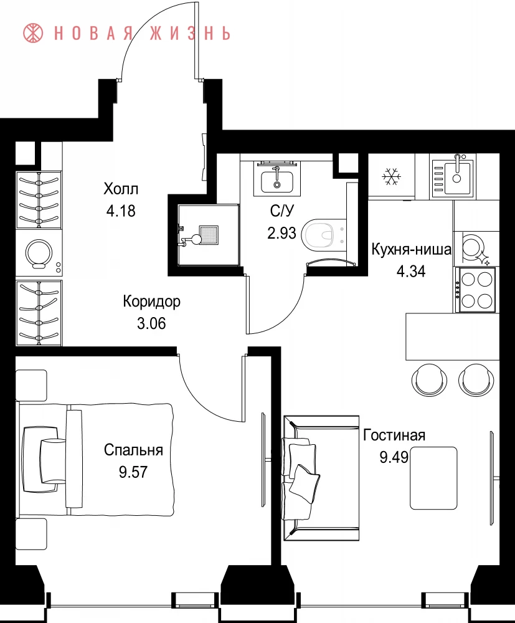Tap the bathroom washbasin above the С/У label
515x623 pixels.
pyautogui.click(x=276, y=181)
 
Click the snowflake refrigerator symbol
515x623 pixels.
pyautogui.click(x=392, y=176)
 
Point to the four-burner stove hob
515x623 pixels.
pyautogui.click(x=477, y=290)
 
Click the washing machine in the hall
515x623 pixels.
pyautogui.click(x=39, y=253)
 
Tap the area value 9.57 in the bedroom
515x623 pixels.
pyautogui.click(x=133, y=472)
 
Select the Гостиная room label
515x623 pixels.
pyautogui.click(x=394, y=435)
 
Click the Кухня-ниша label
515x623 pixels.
pyautogui.click(x=412, y=250)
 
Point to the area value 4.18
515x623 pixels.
pyautogui.click(x=121, y=211)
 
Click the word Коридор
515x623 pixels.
pyautogui.click(x=151, y=302)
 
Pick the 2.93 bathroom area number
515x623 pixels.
pyautogui.click(x=281, y=233)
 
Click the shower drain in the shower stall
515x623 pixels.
pyautogui.click(x=209, y=235)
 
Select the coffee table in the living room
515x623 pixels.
pyautogui.click(x=433, y=478)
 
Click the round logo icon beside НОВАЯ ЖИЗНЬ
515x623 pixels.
pyautogui.click(x=34, y=33)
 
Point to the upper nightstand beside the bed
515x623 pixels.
pyautogui.click(x=31, y=386)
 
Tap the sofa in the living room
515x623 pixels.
pyautogui.click(x=321, y=478)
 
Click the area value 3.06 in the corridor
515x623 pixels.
pyautogui.click(x=151, y=323)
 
